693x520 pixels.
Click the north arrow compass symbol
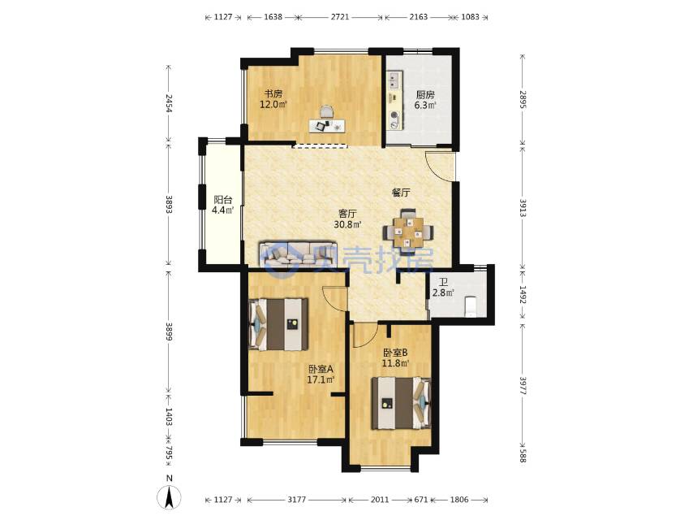coord(170,496)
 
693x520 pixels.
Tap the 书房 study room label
coord(273,93)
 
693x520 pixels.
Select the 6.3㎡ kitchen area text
coord(424,106)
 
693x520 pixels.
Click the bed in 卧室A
coord(278,324)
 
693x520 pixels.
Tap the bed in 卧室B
coord(401,403)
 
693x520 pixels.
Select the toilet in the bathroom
coord(471,306)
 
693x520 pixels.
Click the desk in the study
coord(327,126)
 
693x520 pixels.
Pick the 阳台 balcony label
coord(222,200)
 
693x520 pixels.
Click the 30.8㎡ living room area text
coord(347,224)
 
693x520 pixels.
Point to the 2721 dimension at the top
coord(340,17)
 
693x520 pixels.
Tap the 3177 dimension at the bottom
coord(296,500)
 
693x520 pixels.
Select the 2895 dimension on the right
coord(523,100)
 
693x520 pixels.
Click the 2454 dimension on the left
coord(169,102)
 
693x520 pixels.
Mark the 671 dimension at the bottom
coord(420,500)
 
